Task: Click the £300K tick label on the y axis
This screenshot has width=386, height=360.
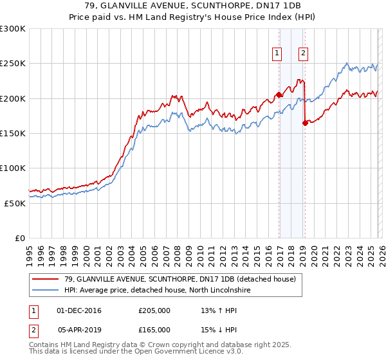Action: click(x=13, y=29)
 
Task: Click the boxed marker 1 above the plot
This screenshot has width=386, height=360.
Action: click(x=277, y=54)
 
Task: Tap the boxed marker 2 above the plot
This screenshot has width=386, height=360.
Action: click(x=303, y=54)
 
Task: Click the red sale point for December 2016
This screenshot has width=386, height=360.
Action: click(x=279, y=95)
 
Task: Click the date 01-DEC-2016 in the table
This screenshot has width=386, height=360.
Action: click(x=79, y=310)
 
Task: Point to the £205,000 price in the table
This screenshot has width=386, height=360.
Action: click(x=154, y=310)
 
